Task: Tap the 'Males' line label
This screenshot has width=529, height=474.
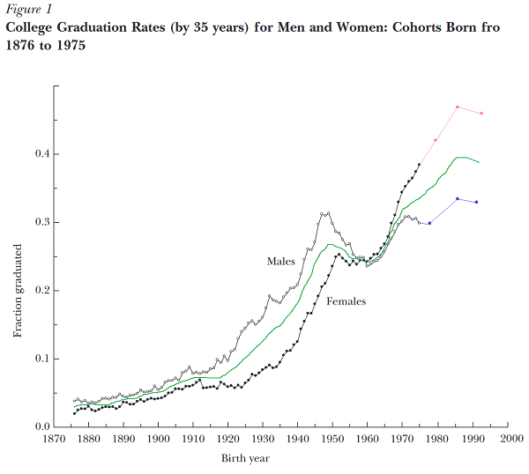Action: coord(280,262)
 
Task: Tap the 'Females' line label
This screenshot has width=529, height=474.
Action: coord(346,301)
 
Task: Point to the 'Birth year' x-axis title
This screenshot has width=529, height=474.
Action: coord(247,457)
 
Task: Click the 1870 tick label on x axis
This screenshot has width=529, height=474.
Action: coord(53,439)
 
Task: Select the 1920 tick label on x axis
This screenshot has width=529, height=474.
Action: coord(228,439)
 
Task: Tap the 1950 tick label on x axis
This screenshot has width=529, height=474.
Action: coord(333,439)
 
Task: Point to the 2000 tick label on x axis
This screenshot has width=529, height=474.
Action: coord(509,439)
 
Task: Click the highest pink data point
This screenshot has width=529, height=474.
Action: coord(458,107)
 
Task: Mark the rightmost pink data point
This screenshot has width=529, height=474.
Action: coord(481,114)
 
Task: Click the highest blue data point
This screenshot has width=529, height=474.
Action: coord(458,199)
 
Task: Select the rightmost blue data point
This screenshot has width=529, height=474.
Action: coord(476,203)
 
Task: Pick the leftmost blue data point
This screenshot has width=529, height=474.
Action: coord(429,223)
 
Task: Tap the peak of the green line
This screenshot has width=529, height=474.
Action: coord(460,158)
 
